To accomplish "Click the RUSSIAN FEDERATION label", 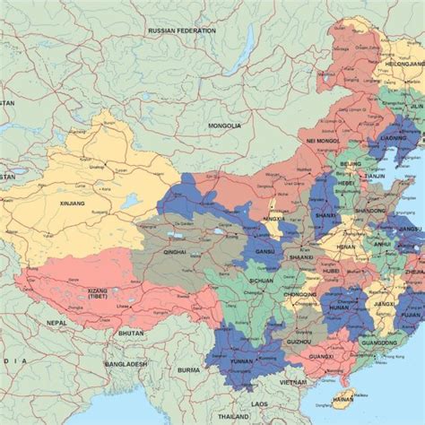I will [182, 30].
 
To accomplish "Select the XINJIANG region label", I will [71, 204].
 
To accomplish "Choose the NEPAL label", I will [56, 323].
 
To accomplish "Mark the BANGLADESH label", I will [125, 364].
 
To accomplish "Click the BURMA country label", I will [189, 369].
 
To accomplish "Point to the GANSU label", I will [265, 252].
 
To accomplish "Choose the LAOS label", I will [260, 404].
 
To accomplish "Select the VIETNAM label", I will [292, 380].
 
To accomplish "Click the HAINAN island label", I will [343, 400].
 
